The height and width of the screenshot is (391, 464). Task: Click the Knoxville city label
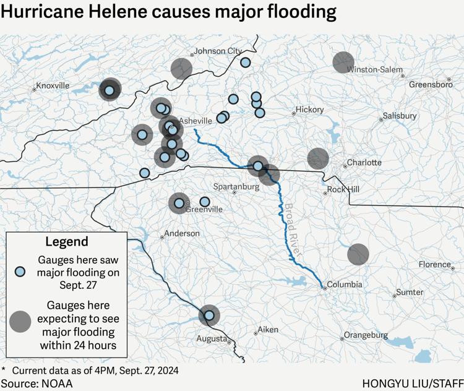coord(53,85)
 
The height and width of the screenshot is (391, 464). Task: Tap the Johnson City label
coord(218,51)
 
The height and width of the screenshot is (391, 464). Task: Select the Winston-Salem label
coord(375,70)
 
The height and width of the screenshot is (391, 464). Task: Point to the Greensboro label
coord(431,84)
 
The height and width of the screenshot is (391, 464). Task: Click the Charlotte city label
coord(364,163)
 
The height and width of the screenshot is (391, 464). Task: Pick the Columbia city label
coord(345,285)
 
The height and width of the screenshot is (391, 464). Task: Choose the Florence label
coord(435,264)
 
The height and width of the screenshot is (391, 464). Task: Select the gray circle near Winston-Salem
coord(343,62)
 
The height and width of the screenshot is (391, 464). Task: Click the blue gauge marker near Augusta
coord(209,315)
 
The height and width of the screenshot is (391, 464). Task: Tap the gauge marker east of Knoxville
coord(110,90)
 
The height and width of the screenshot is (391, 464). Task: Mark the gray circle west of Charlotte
coord(318,158)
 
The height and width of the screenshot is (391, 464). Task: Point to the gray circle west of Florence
coord(358,254)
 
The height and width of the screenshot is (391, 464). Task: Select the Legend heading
coord(67,241)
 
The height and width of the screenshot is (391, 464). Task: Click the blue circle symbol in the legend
coord(20,272)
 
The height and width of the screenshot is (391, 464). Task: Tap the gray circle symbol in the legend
coord(20,321)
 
